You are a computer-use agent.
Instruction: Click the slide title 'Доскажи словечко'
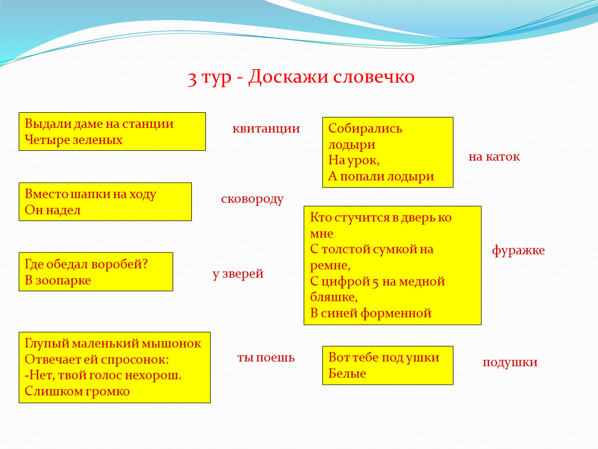point(331,77)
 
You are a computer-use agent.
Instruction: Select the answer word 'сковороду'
point(252,200)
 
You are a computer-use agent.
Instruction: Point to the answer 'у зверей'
point(238,274)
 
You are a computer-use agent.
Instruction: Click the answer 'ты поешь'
point(266,358)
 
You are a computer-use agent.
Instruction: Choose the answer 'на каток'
point(495,156)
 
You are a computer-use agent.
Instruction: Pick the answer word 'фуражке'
point(518,250)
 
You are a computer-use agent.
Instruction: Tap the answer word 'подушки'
point(510,363)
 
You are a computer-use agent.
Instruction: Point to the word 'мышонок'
point(172,344)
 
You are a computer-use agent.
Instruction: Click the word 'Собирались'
point(365,128)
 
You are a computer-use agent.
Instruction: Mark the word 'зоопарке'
point(63,281)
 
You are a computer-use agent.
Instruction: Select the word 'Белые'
point(347,373)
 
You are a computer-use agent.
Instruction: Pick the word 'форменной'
point(396,313)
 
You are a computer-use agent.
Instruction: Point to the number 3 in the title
point(192,78)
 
